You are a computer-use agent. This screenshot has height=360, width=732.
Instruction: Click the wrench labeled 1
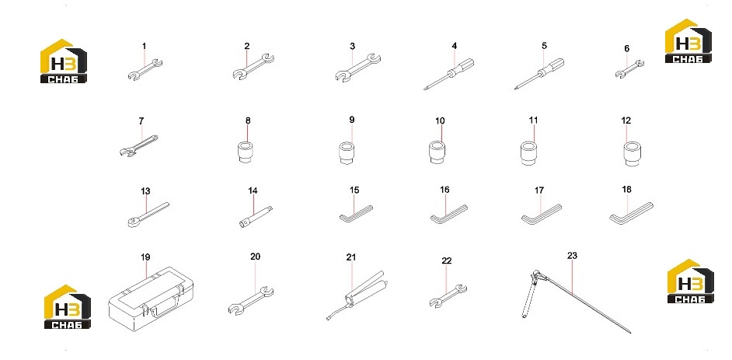145,69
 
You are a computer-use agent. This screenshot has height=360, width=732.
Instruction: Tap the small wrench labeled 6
629,68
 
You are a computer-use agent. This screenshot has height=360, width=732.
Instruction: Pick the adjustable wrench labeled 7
138,145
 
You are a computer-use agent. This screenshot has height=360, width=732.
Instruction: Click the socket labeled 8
246,152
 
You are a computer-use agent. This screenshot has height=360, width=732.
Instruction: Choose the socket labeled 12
632,154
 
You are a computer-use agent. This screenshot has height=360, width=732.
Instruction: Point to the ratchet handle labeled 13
148,215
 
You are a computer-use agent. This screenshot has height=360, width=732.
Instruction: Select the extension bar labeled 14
256,217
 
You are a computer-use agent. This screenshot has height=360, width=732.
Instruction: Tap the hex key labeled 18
631,213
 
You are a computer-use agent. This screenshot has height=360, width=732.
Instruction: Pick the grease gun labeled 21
357,295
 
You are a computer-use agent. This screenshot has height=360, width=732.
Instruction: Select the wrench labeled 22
448,296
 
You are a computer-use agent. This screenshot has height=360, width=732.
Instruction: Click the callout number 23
572,255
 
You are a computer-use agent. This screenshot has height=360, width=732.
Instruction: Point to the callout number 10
440,121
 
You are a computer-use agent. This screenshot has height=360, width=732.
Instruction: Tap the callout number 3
353,46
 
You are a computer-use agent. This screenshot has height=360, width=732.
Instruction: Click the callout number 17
539,190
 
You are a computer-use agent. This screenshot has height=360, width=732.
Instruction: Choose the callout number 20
255,257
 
